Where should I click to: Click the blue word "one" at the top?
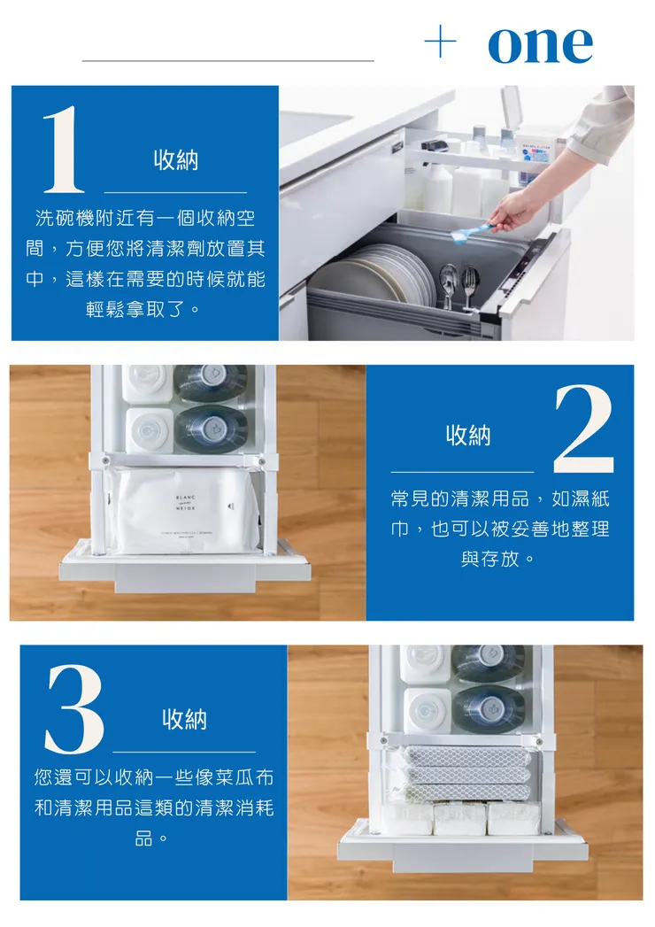tap(540, 44)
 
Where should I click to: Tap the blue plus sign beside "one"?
tap(441, 42)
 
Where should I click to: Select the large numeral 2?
tap(583, 429)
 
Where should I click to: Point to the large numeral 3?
tap(75, 708)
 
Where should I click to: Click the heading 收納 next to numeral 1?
tap(175, 159)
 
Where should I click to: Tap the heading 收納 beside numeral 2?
tap(468, 435)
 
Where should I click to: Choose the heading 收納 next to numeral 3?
tap(184, 719)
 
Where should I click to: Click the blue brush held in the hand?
tap(470, 233)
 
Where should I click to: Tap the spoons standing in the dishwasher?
tap(450, 284)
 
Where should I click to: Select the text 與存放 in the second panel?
tap(490, 559)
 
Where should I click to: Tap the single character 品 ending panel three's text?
tap(143, 838)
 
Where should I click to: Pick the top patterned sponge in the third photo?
tap(466, 754)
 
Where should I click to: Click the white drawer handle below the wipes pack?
tap(185, 577)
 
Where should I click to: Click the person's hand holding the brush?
tap(512, 210)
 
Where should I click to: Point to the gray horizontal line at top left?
tap(227, 60)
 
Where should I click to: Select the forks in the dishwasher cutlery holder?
tap(471, 287)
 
